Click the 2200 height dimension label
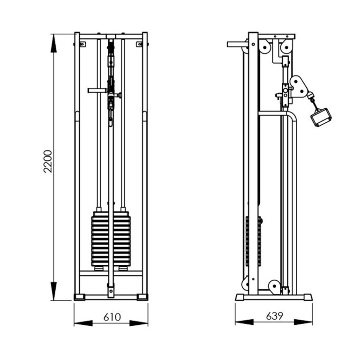coord(48,161)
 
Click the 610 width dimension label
coord(112,317)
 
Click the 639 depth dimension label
coord(275,316)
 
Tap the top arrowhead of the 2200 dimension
coord(53,44)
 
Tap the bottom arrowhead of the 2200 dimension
coord(53,291)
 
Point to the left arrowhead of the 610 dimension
coord(83,323)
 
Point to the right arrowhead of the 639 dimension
coord(303,322)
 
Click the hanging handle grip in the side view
coord(321,117)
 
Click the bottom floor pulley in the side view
coord(275,286)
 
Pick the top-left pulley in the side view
coord(265,47)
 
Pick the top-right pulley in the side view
coord(286,47)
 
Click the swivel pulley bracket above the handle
coord(299,87)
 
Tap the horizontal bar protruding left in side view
coord(238,45)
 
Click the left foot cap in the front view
coord(79,297)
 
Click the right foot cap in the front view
coord(142,297)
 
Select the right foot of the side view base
coord(307,297)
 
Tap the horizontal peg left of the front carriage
coord(97,90)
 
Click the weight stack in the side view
coord(253,241)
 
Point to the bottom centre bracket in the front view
coord(111,291)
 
